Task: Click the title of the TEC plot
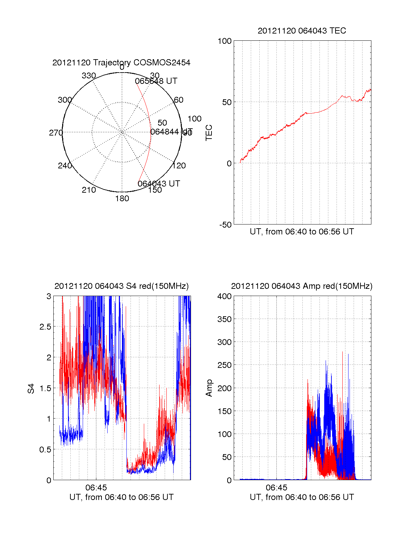[x=302, y=31]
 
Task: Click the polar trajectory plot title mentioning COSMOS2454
[x=121, y=63]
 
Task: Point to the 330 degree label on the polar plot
[x=89, y=76]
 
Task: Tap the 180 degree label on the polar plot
[x=122, y=198]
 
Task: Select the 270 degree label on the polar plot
[x=56, y=133]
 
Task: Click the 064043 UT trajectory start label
[x=159, y=184]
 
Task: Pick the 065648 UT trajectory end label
[x=156, y=81]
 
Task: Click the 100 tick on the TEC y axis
[x=224, y=41]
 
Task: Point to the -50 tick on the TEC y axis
[x=225, y=225]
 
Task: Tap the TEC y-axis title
[x=209, y=133]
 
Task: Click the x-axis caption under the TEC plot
[x=302, y=232]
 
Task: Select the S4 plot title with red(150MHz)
[x=121, y=286]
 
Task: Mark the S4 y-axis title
[x=31, y=388]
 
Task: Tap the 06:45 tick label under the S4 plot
[x=96, y=487]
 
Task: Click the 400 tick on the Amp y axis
[x=224, y=296]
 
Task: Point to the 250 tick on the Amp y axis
[x=224, y=365]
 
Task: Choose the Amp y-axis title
[x=209, y=388]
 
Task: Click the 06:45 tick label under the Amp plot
[x=276, y=487]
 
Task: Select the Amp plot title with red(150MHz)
[x=302, y=286]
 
